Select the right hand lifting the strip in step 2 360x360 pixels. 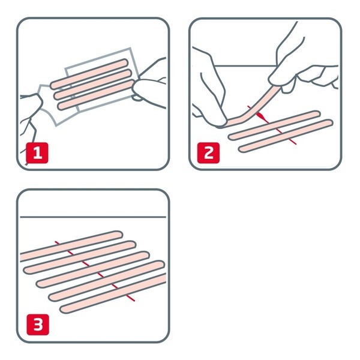294,66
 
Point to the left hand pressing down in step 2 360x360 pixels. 210,90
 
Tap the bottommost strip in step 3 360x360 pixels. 114,294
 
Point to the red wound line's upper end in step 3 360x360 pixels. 56,242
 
